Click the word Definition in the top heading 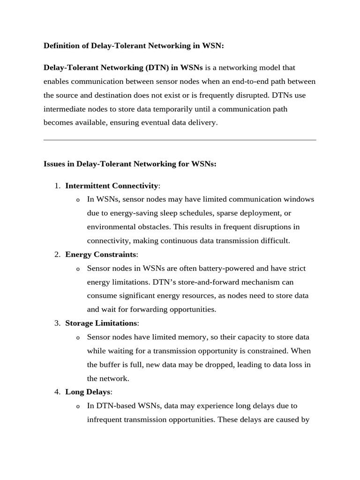62,45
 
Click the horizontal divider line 180,140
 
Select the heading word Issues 55,164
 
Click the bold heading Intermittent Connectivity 112,186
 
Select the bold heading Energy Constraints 101,255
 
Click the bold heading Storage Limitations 101,323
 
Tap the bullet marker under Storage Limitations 78,338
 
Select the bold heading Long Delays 88,392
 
